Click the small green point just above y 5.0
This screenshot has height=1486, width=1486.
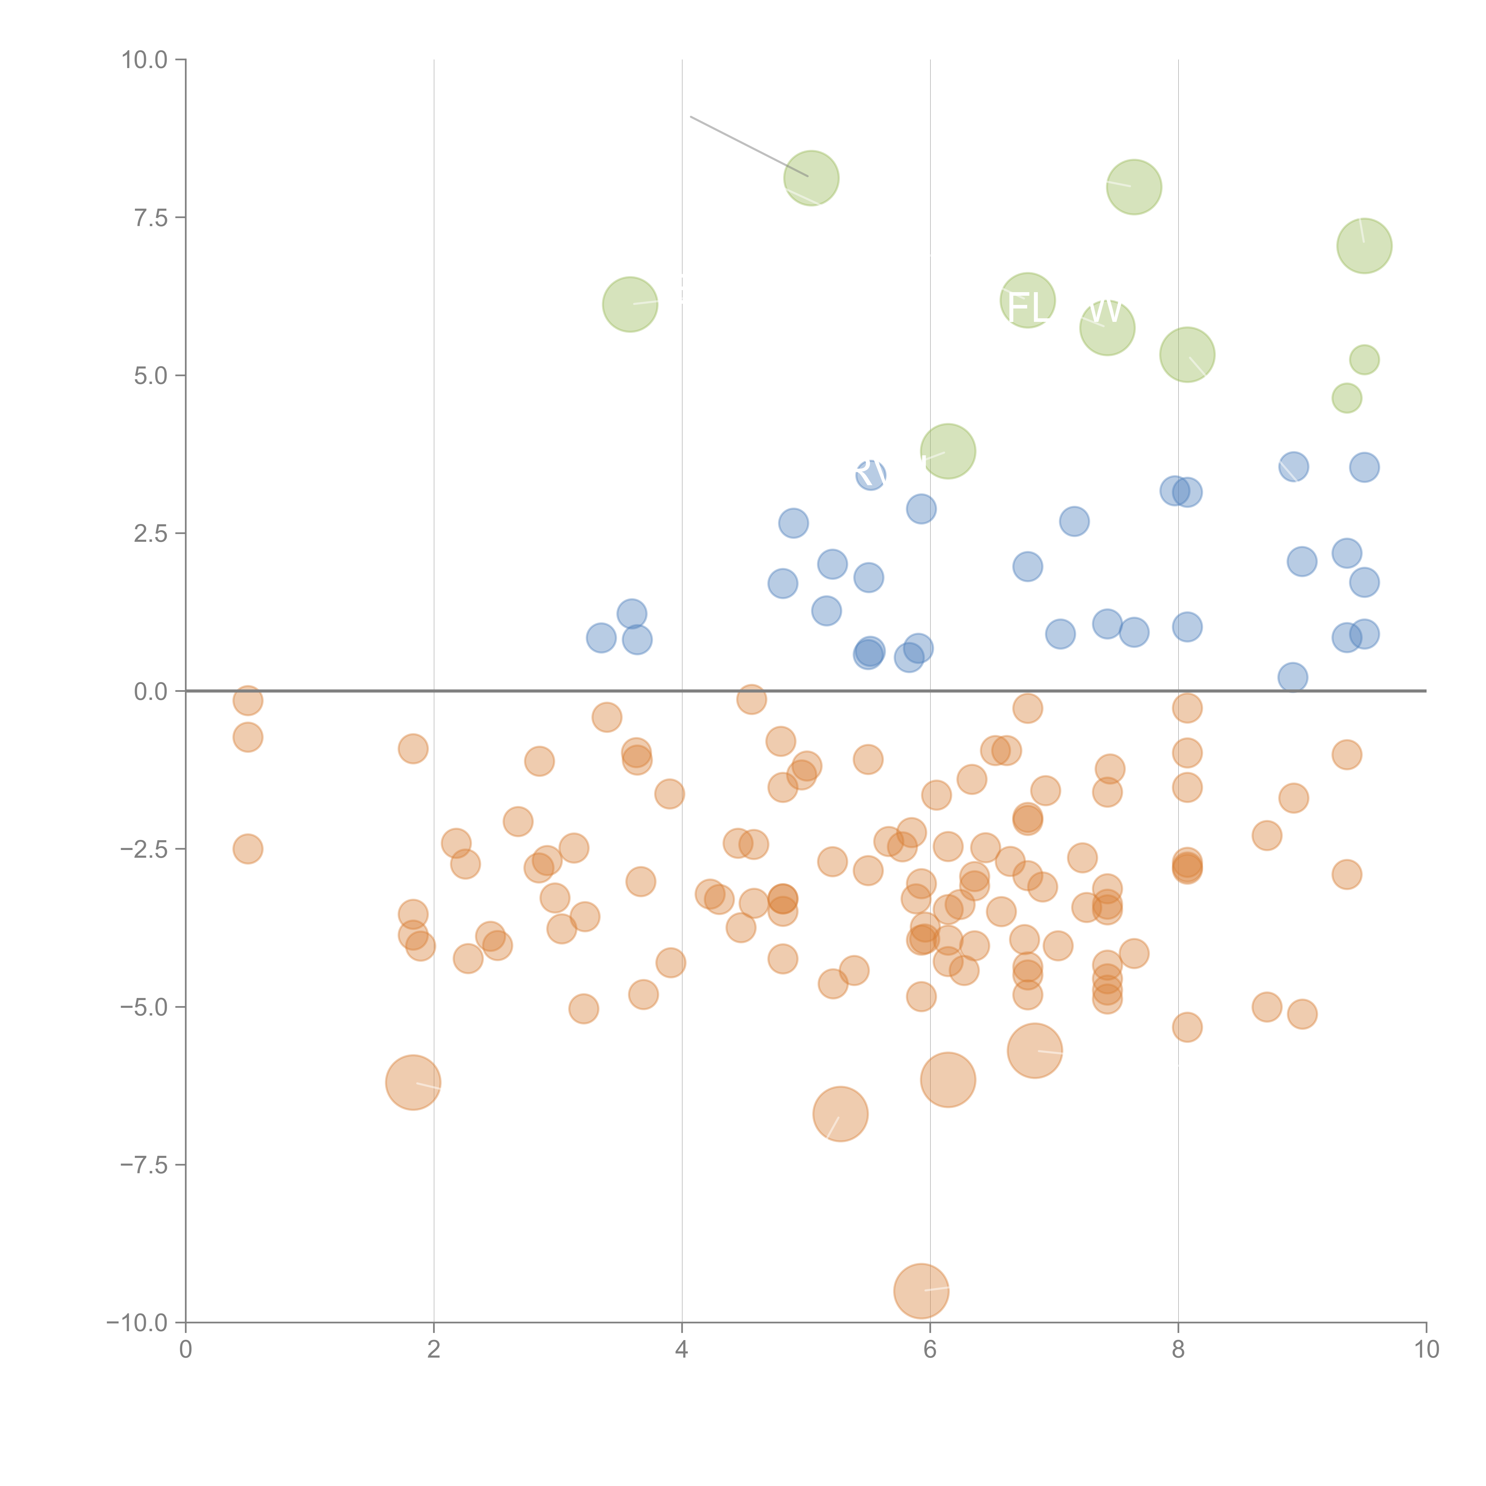(x=1364, y=360)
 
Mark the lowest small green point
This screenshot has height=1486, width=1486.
(x=1346, y=399)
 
